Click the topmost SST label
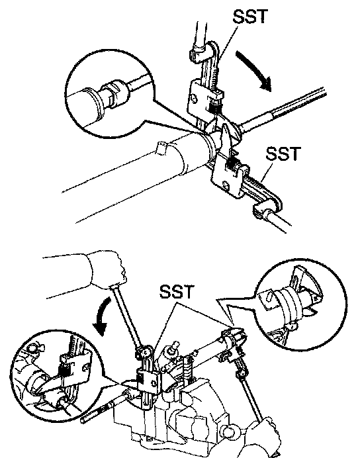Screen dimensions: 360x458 250,17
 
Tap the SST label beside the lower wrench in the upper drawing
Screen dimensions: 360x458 283,154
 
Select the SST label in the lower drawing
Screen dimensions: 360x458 177,291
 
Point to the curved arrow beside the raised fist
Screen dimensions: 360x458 101,317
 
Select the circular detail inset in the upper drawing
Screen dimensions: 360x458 109,93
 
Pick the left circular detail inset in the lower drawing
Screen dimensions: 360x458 56,376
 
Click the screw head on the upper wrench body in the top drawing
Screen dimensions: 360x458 194,98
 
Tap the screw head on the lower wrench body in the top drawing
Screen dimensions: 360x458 226,185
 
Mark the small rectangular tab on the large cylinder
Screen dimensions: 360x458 162,148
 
